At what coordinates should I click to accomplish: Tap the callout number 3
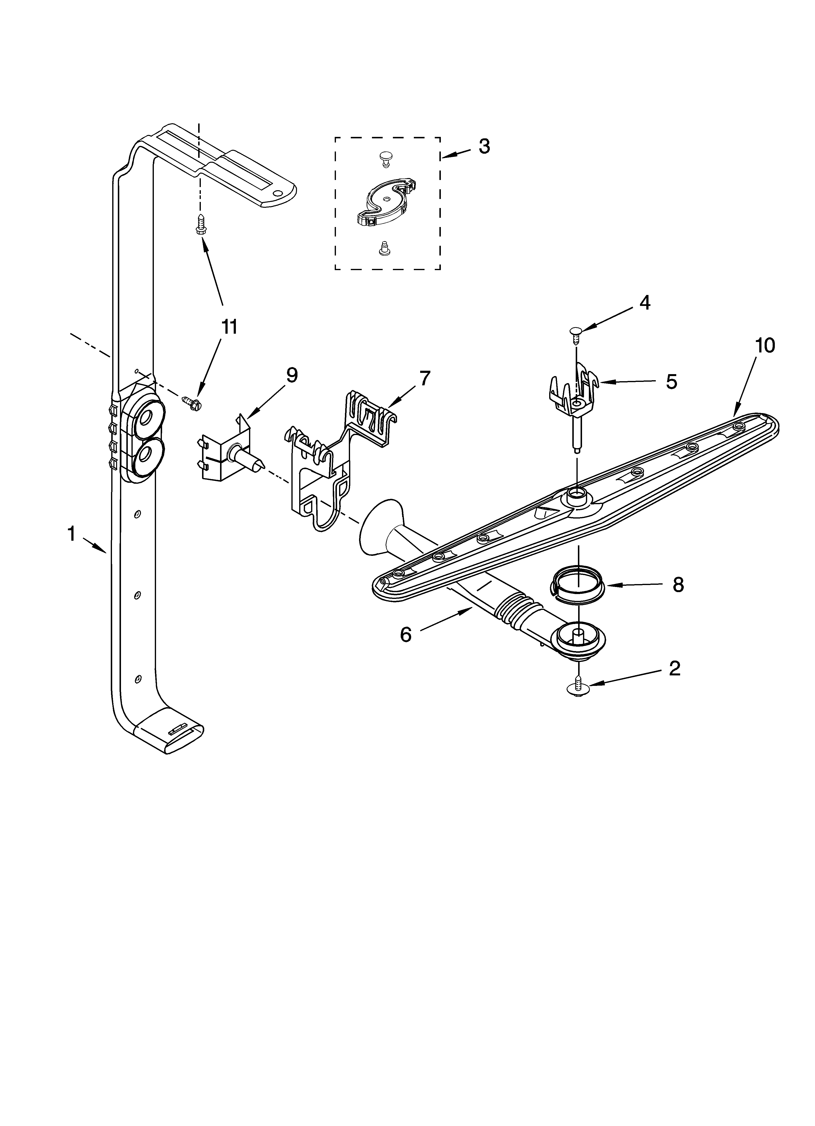[x=484, y=146]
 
